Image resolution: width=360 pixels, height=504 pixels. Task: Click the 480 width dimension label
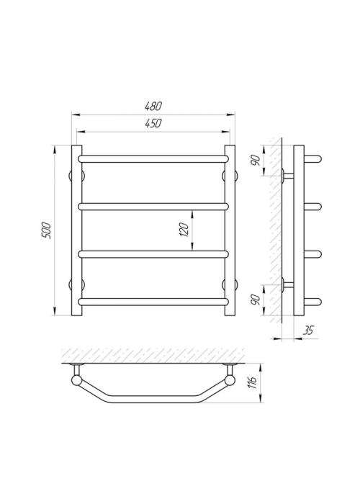coord(154,107)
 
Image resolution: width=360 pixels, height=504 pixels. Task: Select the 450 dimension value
coord(153,123)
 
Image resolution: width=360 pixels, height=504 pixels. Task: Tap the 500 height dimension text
coord(47,230)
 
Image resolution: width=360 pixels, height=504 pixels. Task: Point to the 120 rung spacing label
coord(184,230)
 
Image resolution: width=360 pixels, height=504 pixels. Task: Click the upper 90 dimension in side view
coord(256,161)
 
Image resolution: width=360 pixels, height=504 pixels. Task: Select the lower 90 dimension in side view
coord(256,300)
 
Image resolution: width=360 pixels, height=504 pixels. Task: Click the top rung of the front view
coord(153,159)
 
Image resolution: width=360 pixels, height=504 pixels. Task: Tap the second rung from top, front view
coord(153,207)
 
